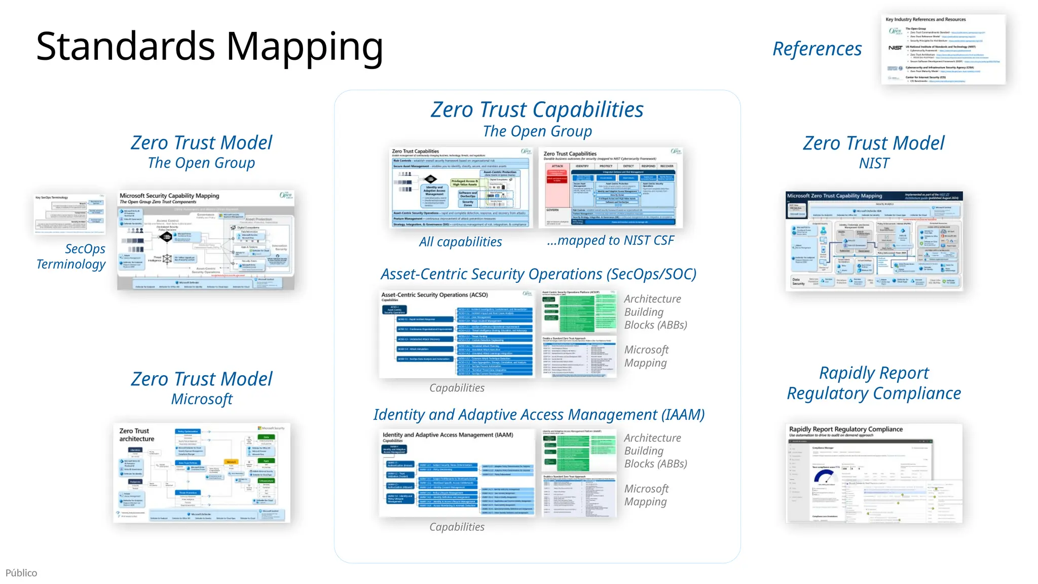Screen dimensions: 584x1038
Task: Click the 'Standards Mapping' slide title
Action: point(209,47)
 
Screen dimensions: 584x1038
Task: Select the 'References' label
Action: point(817,49)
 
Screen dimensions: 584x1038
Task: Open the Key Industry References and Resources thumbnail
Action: point(943,49)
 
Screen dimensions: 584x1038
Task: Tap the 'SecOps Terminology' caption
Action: point(71,257)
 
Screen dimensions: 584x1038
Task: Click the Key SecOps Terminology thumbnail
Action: point(69,214)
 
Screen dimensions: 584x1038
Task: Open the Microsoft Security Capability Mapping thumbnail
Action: point(205,240)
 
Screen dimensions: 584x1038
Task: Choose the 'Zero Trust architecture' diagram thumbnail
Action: point(202,472)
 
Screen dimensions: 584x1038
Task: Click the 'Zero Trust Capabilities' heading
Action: point(537,109)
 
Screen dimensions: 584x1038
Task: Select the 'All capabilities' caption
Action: point(460,242)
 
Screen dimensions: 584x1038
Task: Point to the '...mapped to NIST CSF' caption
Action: point(610,240)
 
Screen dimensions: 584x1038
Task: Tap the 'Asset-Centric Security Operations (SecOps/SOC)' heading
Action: point(538,274)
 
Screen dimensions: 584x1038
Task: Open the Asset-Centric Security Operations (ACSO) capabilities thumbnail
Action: point(457,334)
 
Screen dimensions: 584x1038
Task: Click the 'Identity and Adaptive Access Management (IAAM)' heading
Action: point(539,415)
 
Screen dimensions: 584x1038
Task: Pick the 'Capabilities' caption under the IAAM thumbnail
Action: point(457,527)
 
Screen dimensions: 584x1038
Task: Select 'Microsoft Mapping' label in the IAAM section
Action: point(646,495)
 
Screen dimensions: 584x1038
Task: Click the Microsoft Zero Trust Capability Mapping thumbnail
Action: point(874,241)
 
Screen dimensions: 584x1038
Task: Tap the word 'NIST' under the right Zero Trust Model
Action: point(874,163)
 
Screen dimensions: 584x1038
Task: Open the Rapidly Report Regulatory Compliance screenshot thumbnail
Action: point(874,473)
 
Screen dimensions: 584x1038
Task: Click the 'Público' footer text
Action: point(21,573)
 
